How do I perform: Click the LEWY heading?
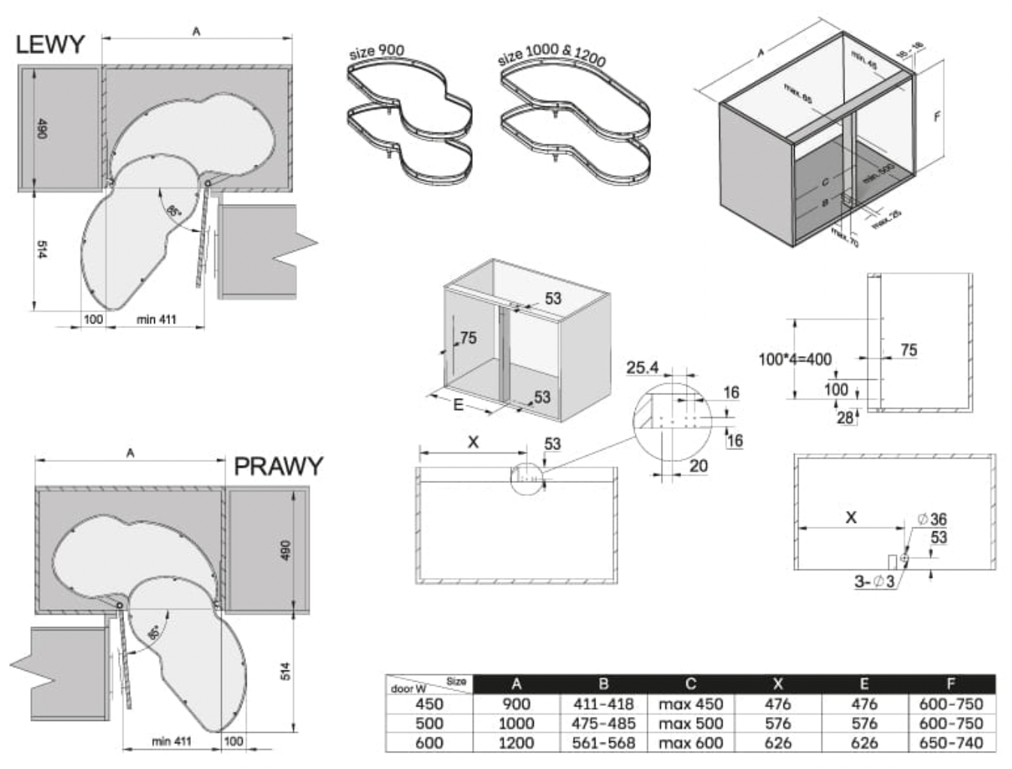pos(50,44)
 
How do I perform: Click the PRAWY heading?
pos(278,467)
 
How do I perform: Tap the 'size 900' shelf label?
pos(377,51)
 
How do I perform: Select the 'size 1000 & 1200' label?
pos(552,54)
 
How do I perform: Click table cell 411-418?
pos(604,704)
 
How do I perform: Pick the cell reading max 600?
pos(690,743)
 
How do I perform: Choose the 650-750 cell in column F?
pos(950,743)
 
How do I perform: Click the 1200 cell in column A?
pos(516,743)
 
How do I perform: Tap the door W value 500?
pos(429,724)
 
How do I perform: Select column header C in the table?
pos(690,684)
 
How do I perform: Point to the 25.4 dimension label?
pos(642,367)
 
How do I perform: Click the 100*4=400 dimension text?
pos(795,360)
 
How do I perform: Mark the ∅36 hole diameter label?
pos(932,519)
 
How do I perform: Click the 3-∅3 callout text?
pos(874,582)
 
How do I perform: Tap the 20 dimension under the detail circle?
pos(698,467)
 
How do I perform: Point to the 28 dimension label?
pos(845,418)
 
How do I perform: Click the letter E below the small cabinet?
pos(458,405)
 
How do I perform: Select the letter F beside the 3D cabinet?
pos(937,117)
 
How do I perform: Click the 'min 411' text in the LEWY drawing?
pos(156,320)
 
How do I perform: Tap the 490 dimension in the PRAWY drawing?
pos(286,550)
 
